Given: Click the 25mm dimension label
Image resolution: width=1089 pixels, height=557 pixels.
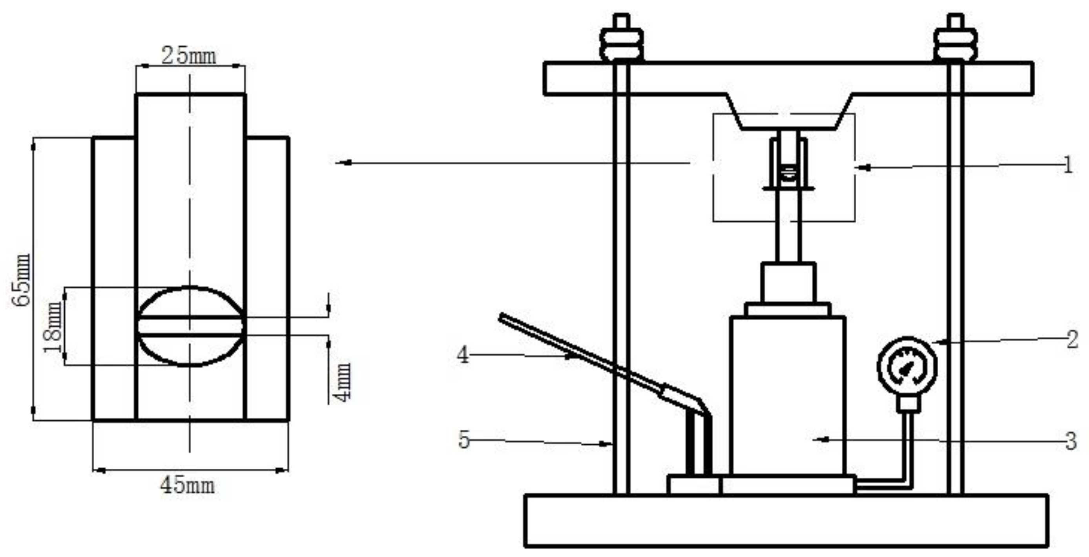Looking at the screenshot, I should (188, 56).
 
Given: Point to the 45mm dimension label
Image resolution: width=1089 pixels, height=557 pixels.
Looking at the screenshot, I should (187, 485).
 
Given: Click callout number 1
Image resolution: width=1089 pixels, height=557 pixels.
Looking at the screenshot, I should (1067, 165).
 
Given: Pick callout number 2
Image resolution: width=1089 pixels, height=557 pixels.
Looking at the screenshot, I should (1072, 339).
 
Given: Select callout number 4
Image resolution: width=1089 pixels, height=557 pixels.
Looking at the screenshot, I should (463, 354).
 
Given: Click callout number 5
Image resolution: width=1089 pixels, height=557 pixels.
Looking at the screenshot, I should (464, 439).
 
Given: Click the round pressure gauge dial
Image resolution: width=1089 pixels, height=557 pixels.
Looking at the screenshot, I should (907, 367).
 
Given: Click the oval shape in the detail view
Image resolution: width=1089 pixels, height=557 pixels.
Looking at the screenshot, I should (190, 326).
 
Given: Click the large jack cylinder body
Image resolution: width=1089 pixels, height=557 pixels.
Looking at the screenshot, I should (788, 395).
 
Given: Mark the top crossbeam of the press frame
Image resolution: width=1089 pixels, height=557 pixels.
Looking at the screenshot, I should (788, 78).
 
